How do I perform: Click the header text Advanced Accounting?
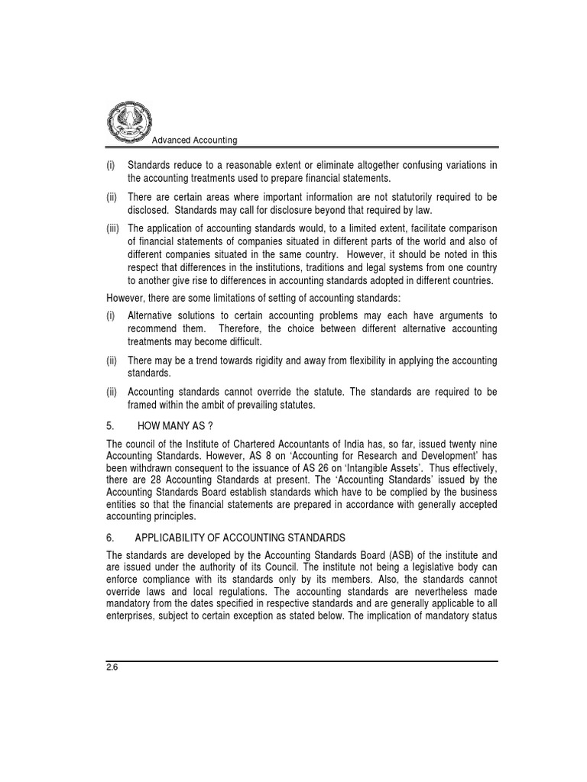[x=195, y=141]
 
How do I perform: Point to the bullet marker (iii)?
[x=113, y=228]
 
